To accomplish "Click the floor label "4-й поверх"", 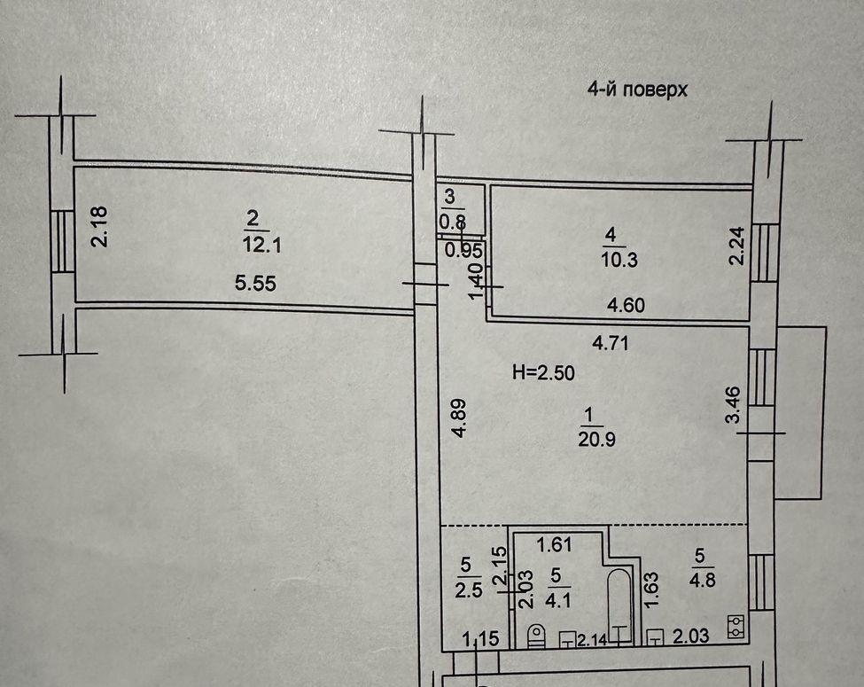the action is (637, 89).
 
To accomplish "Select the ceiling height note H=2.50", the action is (543, 372).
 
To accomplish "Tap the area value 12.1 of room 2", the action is (261, 245).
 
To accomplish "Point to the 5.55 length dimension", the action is (255, 284).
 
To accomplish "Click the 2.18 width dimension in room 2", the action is (100, 226).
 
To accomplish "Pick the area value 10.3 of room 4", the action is (619, 259).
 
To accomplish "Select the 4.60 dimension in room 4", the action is (626, 305).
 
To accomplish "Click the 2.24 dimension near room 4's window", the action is (736, 246).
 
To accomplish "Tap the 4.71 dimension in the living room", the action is (610, 344).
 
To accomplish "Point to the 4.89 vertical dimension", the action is (458, 418).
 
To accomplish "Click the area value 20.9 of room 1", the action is (596, 440).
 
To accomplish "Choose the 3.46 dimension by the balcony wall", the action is (734, 404).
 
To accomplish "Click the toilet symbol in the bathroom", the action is (535, 636).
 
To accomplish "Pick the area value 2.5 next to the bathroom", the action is (469, 590).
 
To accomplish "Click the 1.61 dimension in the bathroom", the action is (555, 545).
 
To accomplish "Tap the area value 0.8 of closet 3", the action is (453, 222).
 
